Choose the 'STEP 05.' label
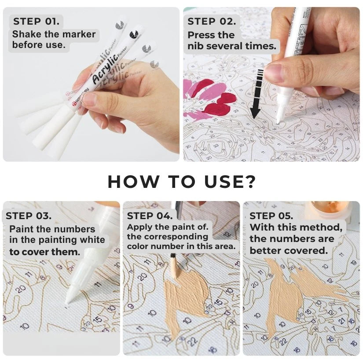[271, 216]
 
